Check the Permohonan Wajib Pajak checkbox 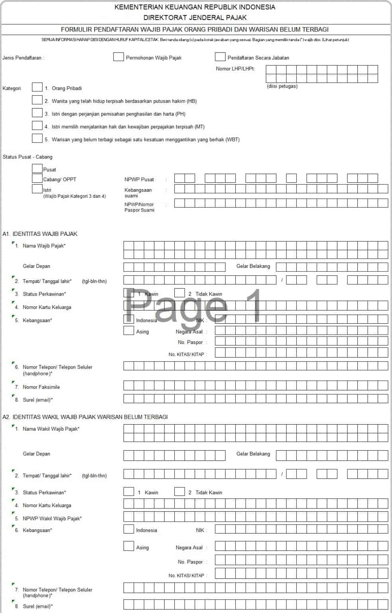coord(118,57)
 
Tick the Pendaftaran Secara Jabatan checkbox coord(220,57)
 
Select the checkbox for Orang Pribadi coord(37,87)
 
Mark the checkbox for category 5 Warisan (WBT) coord(37,138)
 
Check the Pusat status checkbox coord(37,169)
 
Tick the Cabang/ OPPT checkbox coord(37,178)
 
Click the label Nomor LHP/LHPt coord(235,69)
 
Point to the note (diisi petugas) coord(282,86)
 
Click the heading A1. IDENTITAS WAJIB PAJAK coord(40,234)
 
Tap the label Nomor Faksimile coord(41,387)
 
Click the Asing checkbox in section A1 coord(128,331)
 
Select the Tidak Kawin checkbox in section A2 coord(179,492)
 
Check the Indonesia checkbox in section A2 coord(128,529)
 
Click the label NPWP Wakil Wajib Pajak coord(52,518)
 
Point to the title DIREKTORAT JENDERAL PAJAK coord(195,18)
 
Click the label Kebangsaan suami coord(138,193)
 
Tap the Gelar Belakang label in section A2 coord(253,454)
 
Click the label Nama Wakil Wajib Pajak coord(51,429)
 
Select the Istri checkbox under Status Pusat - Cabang coord(37,189)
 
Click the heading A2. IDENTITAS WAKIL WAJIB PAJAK coord(85,417)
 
